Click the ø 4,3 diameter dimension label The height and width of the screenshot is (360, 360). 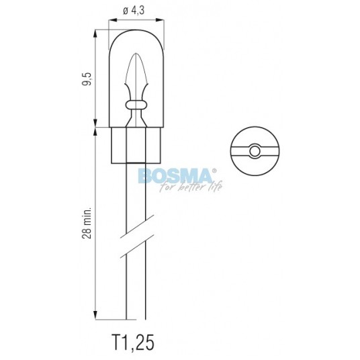(134, 11)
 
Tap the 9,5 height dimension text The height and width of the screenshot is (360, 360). (87, 79)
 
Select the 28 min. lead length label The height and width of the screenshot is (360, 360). (87, 223)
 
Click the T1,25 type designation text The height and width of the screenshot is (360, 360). (133, 343)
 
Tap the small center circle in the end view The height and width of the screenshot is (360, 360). (255, 151)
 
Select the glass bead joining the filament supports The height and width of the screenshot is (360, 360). (136, 105)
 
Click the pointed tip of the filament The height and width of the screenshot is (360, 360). (136, 54)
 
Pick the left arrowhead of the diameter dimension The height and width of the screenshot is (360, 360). (113, 20)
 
